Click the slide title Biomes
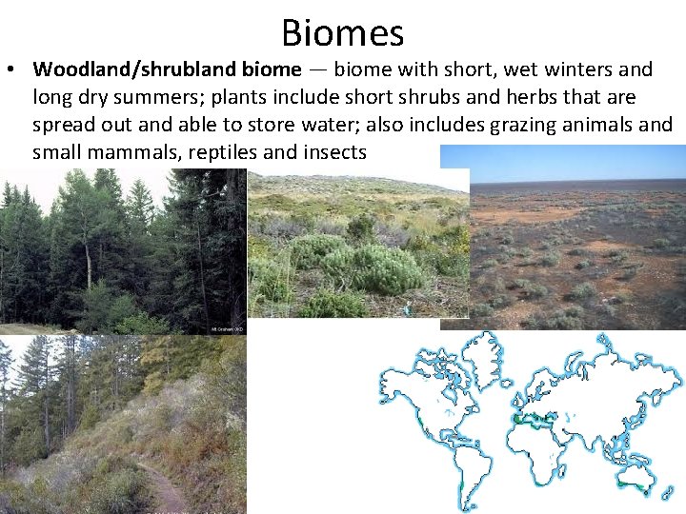[x=343, y=32]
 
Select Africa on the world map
[x=543, y=447]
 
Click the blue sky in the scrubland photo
[x=572, y=162]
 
